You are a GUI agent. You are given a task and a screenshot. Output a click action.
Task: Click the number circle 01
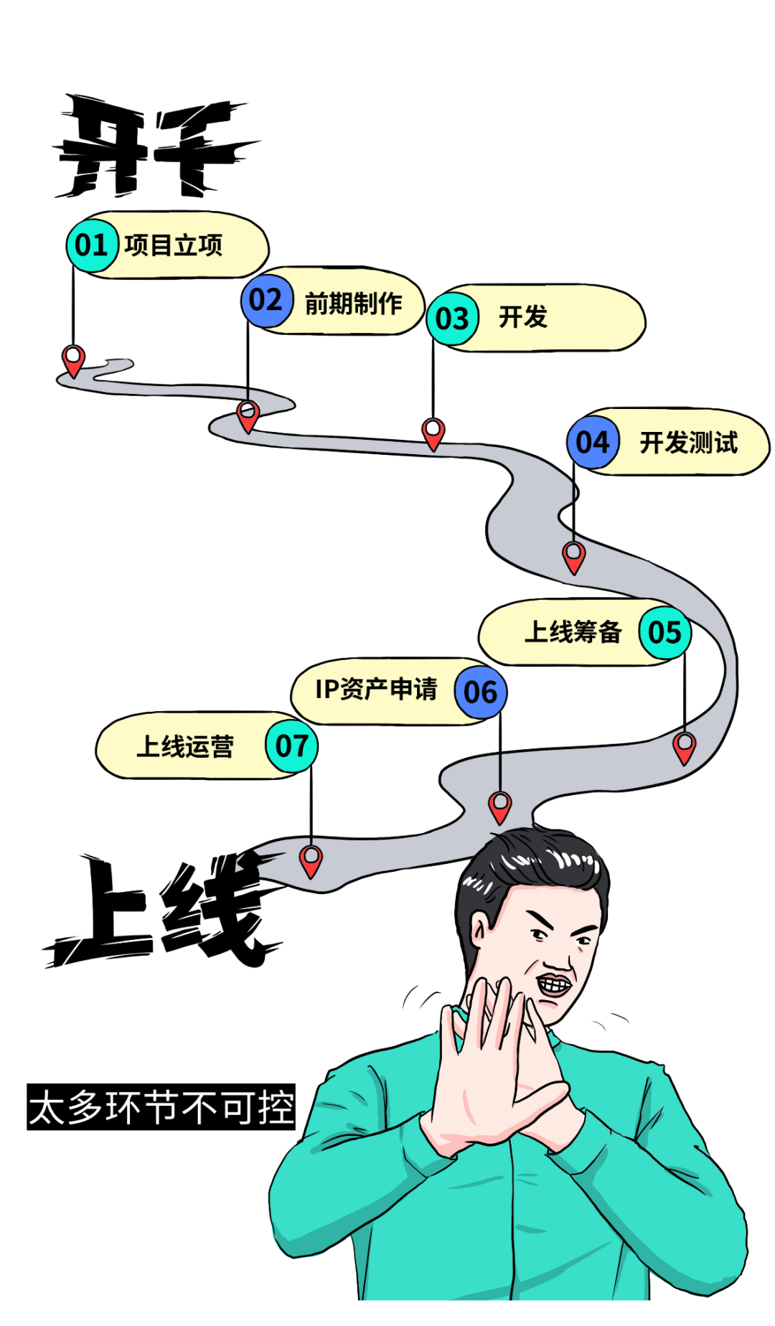point(92,246)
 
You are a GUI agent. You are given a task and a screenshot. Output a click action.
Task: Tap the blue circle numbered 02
point(266,301)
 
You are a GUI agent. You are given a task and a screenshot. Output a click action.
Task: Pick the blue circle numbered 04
point(593,443)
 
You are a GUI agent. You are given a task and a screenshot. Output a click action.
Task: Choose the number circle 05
point(664,633)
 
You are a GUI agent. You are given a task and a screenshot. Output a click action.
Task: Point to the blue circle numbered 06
point(481,692)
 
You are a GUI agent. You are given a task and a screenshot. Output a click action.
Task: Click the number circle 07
point(291,747)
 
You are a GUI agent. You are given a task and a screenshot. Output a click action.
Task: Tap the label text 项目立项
point(174,246)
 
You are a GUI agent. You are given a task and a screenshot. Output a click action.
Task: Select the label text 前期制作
point(353,304)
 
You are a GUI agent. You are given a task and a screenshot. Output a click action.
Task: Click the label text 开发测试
point(688,443)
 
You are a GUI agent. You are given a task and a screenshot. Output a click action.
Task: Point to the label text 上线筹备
point(573,632)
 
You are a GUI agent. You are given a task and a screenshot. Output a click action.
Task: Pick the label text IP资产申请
point(376,690)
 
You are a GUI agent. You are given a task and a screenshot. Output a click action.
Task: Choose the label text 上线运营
point(185,747)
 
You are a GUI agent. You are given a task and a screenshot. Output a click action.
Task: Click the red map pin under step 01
point(73,360)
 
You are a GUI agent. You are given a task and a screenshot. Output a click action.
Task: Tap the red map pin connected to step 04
point(574,557)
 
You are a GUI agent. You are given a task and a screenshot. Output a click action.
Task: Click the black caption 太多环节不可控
point(161,1107)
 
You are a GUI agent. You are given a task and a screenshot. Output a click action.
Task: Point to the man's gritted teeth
point(555,984)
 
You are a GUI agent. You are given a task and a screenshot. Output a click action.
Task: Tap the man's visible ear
point(479,934)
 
